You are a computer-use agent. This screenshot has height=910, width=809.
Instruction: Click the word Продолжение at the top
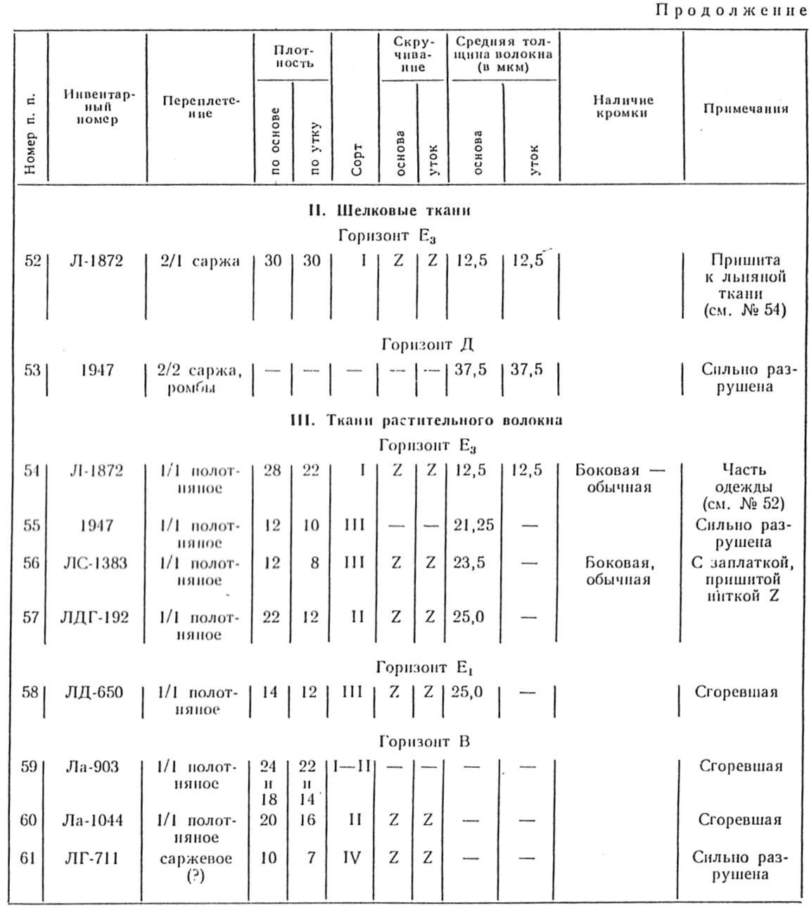tap(731, 11)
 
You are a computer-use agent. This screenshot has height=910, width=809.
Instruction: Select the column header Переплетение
tap(200, 107)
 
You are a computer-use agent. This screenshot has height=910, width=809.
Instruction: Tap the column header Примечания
tap(745, 108)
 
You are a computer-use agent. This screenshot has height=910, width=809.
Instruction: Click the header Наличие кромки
tap(623, 107)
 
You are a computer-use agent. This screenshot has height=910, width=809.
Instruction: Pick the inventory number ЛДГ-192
tap(96, 617)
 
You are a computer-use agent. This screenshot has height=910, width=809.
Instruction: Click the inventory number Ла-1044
tap(93, 820)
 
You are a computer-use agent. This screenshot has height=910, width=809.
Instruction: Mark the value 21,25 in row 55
tap(473, 526)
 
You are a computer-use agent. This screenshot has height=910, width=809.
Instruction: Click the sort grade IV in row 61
tap(351, 858)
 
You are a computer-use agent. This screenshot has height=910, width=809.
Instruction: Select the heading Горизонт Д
tap(427, 344)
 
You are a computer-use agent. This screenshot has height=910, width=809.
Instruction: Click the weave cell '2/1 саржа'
tap(198, 261)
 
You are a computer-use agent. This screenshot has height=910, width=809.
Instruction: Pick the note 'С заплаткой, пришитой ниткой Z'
tap(742, 579)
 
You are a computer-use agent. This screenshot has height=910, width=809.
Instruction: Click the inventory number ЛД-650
tap(94, 693)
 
